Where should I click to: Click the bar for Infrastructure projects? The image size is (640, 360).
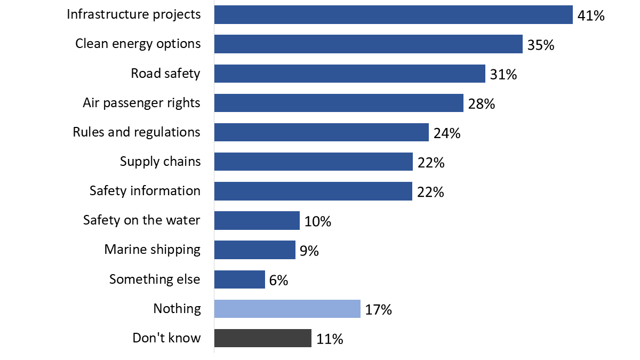pyautogui.click(x=393, y=15)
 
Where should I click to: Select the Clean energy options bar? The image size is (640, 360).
pyautogui.click(x=368, y=44)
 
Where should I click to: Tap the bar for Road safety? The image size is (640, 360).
pyautogui.click(x=349, y=74)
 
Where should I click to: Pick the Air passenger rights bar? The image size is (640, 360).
pyautogui.click(x=339, y=103)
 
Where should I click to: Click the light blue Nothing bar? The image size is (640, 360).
pyautogui.click(x=287, y=309)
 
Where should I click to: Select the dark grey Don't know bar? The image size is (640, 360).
pyautogui.click(x=262, y=338)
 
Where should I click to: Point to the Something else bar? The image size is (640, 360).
pyautogui.click(x=239, y=279)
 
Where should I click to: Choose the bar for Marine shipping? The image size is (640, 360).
pyautogui.click(x=254, y=250)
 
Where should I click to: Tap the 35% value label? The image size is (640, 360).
pyautogui.click(x=541, y=45)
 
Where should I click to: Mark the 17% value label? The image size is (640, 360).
pyautogui.click(x=379, y=309)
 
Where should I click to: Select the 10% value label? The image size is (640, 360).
pyautogui.click(x=318, y=221)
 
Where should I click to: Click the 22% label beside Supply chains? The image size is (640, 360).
pyautogui.click(x=431, y=163)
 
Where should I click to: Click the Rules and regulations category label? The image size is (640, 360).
pyautogui.click(x=137, y=132)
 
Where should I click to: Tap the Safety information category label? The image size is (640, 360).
pyautogui.click(x=145, y=190)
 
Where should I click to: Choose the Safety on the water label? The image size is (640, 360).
pyautogui.click(x=142, y=220)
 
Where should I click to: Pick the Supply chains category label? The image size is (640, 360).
pyautogui.click(x=161, y=161)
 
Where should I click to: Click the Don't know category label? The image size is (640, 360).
pyautogui.click(x=166, y=338)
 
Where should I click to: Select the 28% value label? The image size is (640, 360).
pyautogui.click(x=482, y=104)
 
